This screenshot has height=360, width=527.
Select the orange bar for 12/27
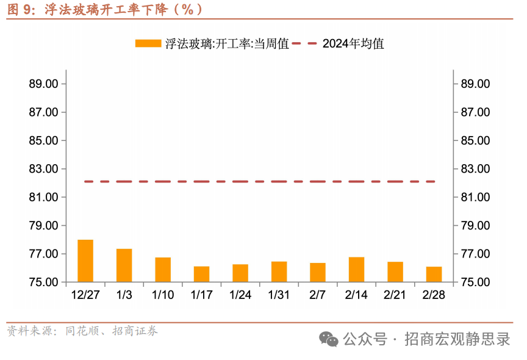85,261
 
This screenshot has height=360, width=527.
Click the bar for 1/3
124,265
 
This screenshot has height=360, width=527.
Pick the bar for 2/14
356,270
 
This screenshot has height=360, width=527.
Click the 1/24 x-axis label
240,295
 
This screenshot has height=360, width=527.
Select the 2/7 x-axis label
318,295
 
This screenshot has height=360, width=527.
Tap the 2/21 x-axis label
395,295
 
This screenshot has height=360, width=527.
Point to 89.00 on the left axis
43,84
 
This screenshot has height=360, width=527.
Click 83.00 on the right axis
476,169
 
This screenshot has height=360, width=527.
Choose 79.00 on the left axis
43,226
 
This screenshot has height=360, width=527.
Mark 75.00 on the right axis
476,283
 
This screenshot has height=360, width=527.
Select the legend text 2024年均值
353,43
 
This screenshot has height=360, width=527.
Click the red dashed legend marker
304,43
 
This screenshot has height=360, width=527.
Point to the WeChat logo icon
329,339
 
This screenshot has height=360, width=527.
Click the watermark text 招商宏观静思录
457,339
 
